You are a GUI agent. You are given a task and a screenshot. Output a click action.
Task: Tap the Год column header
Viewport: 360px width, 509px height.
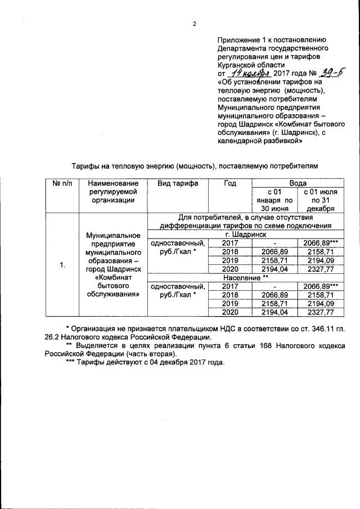pyautogui.click(x=229, y=183)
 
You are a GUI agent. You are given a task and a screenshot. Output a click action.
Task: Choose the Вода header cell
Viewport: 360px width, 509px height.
pyautogui.click(x=298, y=183)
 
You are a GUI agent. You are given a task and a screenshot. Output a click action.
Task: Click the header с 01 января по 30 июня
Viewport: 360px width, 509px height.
pyautogui.click(x=273, y=200)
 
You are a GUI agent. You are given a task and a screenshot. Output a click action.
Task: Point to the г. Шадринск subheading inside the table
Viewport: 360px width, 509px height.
pyautogui.click(x=245, y=234)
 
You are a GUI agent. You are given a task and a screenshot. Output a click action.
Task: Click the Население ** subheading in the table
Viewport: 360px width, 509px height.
pyautogui.click(x=245, y=278)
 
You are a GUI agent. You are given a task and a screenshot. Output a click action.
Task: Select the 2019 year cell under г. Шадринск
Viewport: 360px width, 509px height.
pyautogui.click(x=229, y=260)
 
